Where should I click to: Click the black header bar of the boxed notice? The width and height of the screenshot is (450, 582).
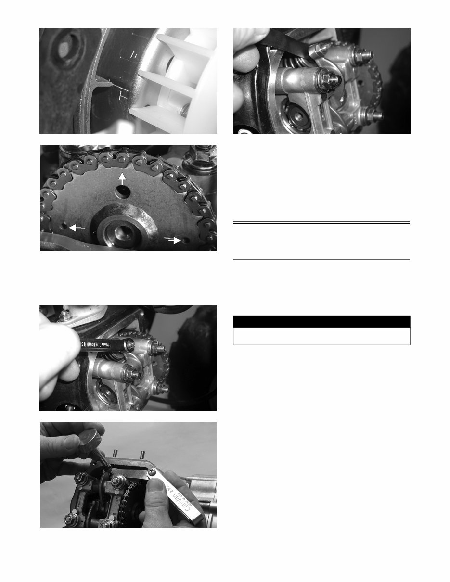click(321, 321)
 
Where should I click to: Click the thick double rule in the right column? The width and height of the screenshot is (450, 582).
click(321, 222)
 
